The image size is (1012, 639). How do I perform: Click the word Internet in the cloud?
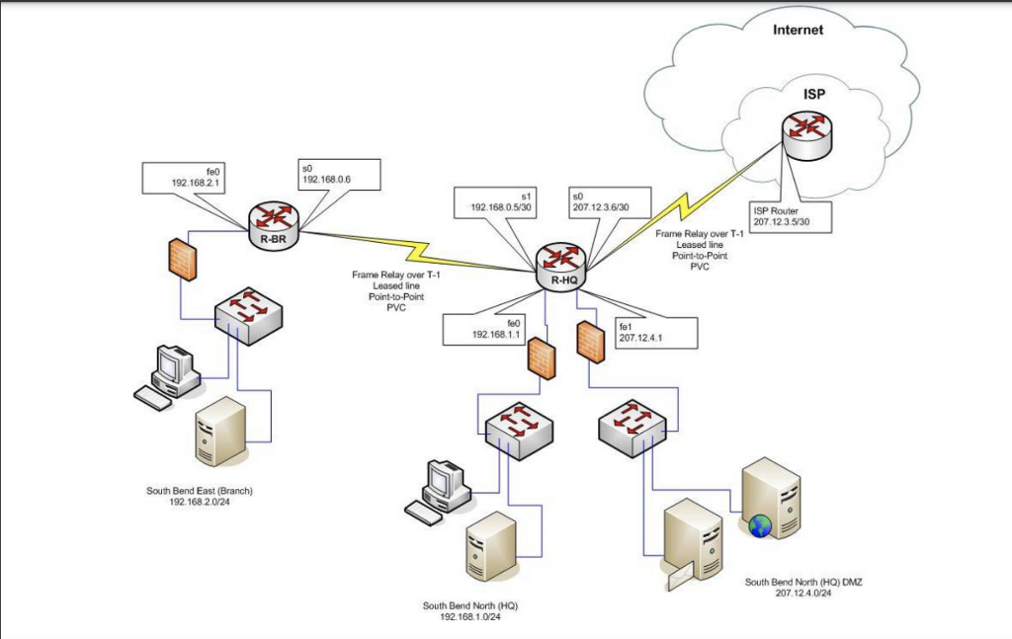click(x=798, y=30)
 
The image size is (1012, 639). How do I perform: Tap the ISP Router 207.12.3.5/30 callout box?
click(x=789, y=217)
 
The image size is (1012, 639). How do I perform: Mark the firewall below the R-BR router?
click(x=183, y=259)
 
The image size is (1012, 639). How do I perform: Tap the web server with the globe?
click(x=770, y=500)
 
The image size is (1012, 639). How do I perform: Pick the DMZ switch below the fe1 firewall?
click(x=632, y=426)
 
